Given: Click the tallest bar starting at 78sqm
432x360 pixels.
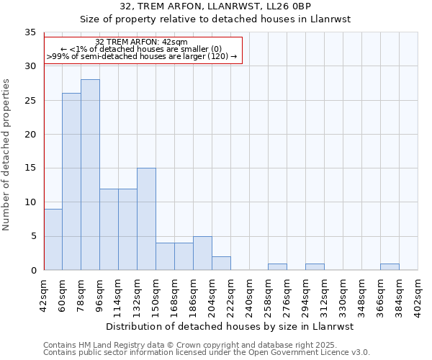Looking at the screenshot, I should tap(90, 175).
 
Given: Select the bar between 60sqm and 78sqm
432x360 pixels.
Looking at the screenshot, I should tap(71, 181).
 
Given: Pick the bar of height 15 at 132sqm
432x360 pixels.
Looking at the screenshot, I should tap(146, 219).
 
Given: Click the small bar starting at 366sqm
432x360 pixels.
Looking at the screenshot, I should tap(390, 267).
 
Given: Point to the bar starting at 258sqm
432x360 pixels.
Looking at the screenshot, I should tap(277, 267).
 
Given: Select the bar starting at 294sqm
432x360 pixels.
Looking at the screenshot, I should tap(315, 267).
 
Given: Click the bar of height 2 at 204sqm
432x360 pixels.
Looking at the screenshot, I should tap(221, 264).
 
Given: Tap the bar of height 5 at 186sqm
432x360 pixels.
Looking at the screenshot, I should tap(202, 253).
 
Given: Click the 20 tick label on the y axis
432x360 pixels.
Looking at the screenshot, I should tap(30, 135).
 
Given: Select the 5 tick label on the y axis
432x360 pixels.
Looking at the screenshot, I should tap(33, 236).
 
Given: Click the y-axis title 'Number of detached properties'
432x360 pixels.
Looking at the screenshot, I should tap(7, 155).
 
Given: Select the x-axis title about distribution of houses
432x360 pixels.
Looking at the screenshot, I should tap(230, 326).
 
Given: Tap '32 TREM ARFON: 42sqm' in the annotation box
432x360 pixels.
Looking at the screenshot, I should tap(142, 42).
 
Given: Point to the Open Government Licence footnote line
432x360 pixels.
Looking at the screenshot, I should tap(207, 352).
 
